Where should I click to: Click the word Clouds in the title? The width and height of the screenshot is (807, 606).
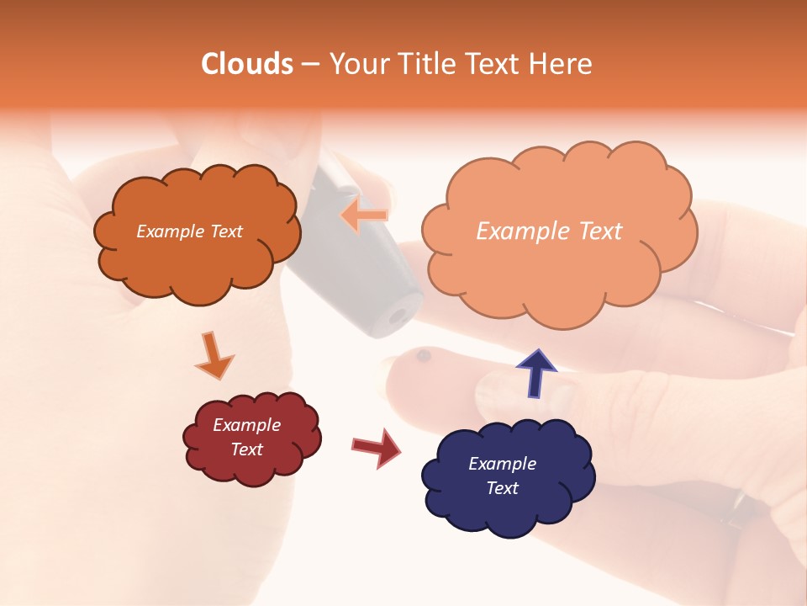(247, 64)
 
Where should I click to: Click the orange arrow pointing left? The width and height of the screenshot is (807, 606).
(364, 216)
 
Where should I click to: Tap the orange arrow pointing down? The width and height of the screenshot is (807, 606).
(214, 355)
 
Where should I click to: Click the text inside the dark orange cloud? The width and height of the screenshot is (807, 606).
(189, 231)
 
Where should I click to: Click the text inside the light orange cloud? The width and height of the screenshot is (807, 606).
(549, 231)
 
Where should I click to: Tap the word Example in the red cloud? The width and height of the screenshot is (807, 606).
(246, 425)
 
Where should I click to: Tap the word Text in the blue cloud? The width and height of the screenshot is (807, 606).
(503, 488)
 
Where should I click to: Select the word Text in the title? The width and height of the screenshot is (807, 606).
(497, 64)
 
